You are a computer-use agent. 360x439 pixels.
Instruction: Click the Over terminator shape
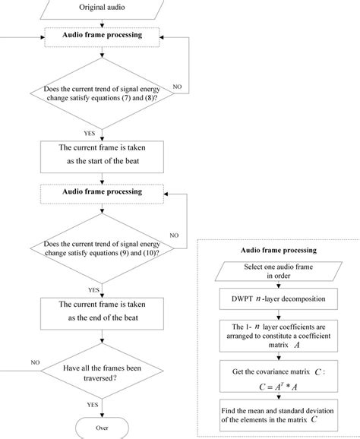click(x=101, y=427)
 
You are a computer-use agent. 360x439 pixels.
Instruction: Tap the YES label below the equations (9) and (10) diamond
click(x=94, y=289)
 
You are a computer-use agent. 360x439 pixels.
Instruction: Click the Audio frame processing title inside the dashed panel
click(x=275, y=250)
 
